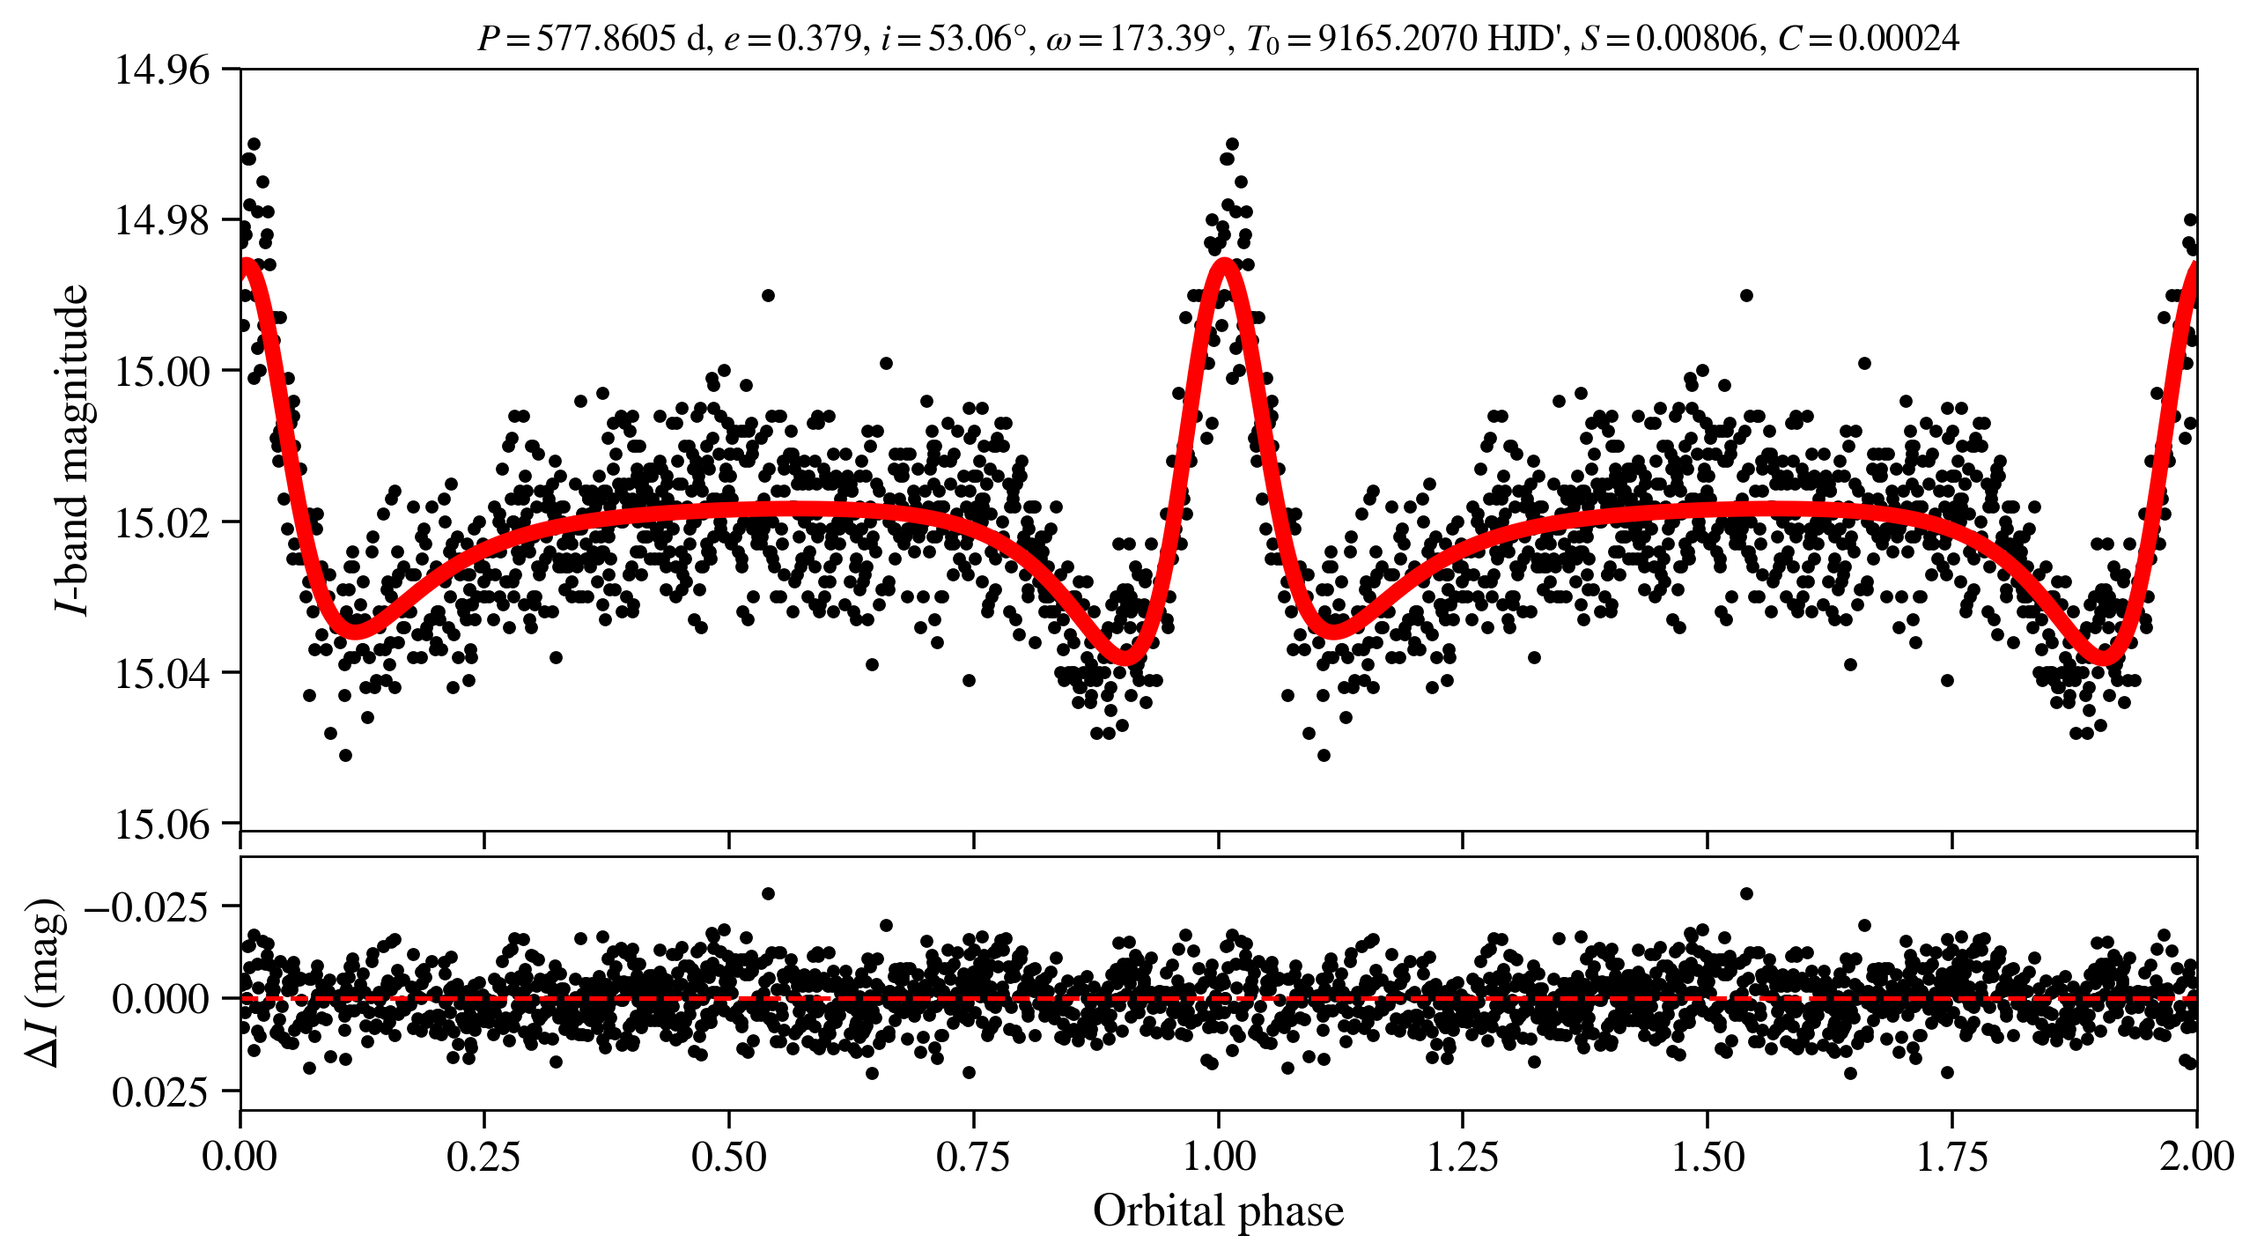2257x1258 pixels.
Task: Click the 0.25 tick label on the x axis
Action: [x=483, y=1156]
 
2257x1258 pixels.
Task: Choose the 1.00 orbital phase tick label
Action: [x=1218, y=1156]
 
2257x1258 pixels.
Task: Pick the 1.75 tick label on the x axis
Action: [x=1951, y=1156]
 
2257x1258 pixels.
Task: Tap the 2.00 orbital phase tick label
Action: [x=2195, y=1156]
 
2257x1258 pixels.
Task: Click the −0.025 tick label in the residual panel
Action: [x=146, y=906]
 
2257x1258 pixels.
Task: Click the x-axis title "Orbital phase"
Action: [x=1218, y=1211]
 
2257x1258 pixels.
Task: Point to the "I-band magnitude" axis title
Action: [x=72, y=449]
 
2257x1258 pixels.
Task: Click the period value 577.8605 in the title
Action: [x=606, y=39]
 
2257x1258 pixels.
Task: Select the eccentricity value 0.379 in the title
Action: [x=818, y=39]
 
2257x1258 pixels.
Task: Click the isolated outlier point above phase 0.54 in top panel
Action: [x=768, y=295]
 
